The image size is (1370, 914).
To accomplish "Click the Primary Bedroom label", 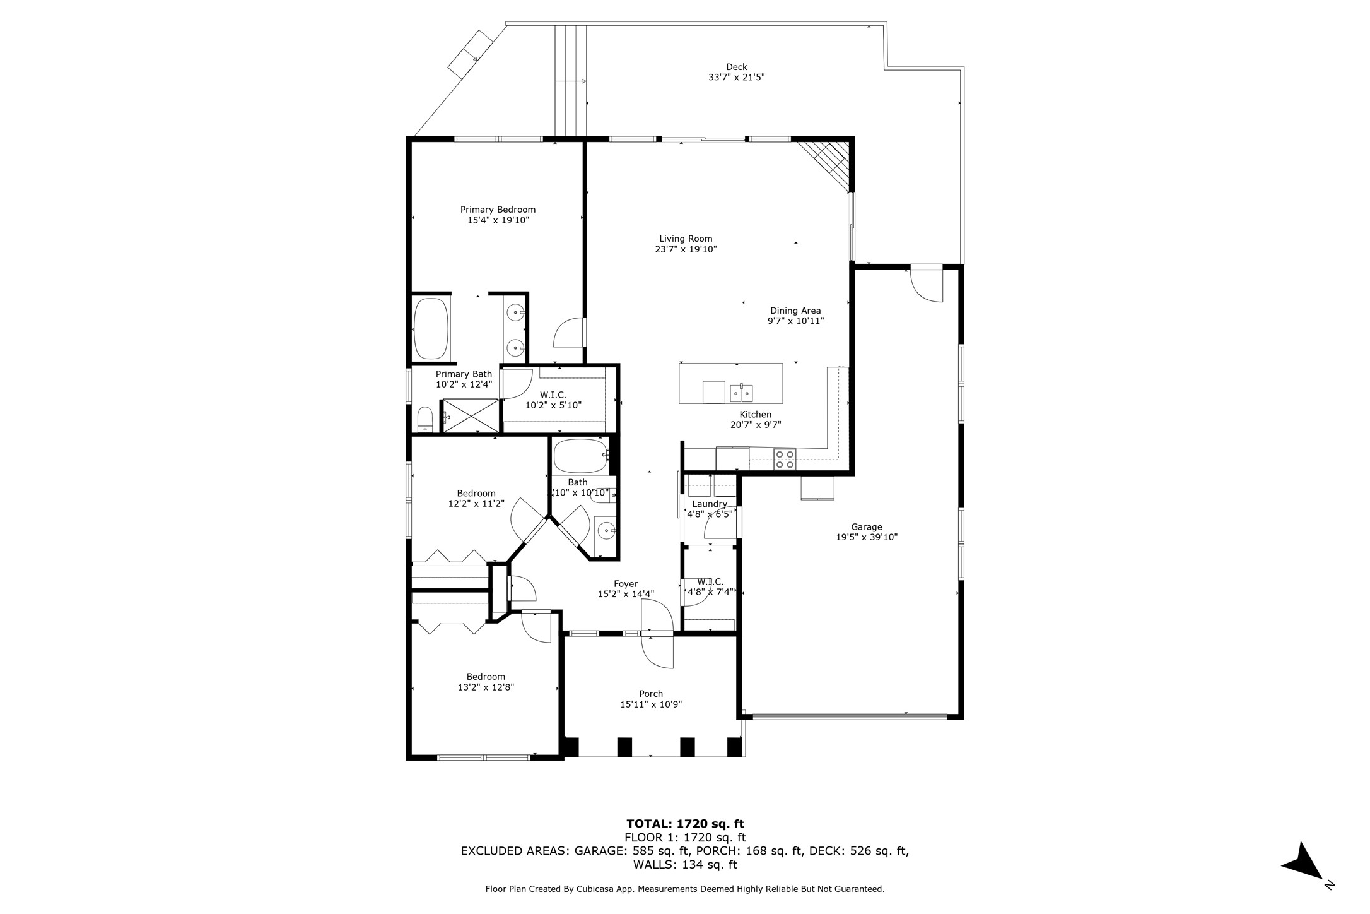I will [498, 210].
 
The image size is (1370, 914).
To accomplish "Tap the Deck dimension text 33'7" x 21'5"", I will [736, 78].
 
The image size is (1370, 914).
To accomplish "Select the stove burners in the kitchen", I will [785, 459].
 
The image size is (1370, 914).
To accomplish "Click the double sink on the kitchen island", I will [741, 393].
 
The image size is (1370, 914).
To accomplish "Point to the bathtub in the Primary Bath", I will [431, 328].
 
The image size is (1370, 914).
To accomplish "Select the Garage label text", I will [866, 527].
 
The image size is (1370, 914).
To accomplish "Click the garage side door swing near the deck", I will [926, 285].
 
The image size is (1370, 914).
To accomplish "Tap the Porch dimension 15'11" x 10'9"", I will [651, 704].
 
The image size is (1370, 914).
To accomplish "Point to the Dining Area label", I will [795, 311].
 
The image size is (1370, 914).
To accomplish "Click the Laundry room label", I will [710, 504].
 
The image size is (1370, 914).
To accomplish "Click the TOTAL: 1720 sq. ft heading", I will [685, 824].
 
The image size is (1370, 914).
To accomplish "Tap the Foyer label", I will [626, 584].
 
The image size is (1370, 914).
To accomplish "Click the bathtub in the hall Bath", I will [580, 456].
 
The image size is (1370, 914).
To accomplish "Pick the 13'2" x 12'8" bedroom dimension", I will [486, 687].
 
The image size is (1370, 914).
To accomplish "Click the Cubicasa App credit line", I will [684, 889].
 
